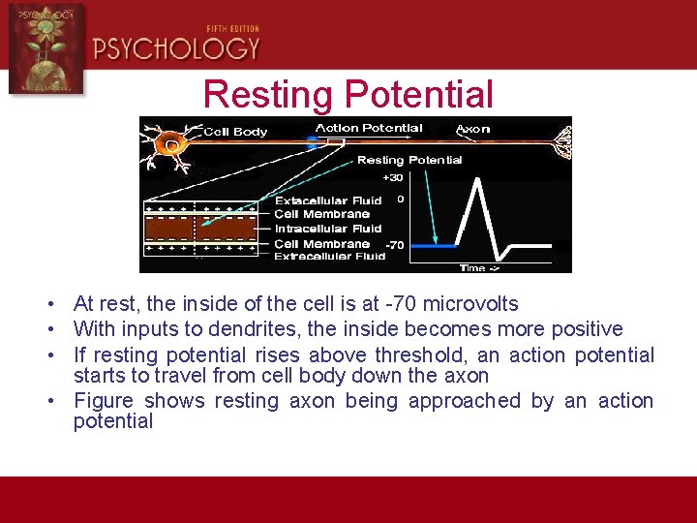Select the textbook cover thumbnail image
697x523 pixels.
pos(46,48)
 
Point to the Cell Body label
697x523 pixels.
pos(235,132)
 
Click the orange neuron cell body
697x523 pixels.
pos(171,145)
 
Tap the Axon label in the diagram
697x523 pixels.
pos(472,129)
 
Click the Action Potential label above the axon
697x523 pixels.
pos(369,128)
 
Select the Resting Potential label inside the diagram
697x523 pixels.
pos(409,160)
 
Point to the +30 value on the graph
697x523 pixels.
pos(393,178)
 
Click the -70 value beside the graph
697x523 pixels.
pos(394,246)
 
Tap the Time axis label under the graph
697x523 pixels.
pos(477,267)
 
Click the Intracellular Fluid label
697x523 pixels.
pos(328,229)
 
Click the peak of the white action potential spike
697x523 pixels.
pos(475,181)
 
